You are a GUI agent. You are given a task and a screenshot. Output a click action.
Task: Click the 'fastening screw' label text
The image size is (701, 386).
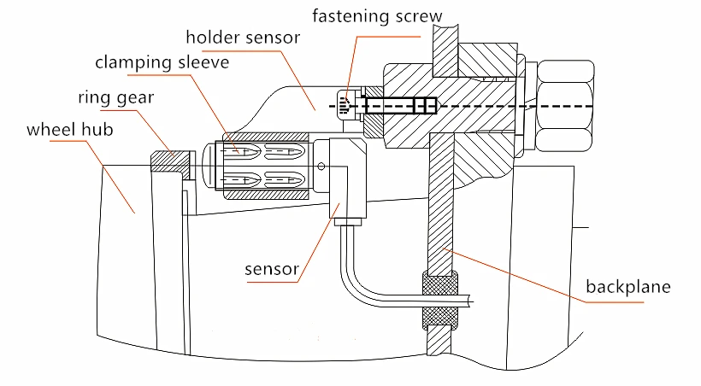point(377,16)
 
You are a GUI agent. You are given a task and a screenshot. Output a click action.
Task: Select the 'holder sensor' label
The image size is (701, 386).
point(243,38)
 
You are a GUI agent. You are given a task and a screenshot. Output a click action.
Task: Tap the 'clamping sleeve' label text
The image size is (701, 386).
point(162,62)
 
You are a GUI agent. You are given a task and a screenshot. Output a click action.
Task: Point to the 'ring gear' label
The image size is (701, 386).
point(115,97)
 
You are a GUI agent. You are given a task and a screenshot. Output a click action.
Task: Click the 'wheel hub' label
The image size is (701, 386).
point(70,130)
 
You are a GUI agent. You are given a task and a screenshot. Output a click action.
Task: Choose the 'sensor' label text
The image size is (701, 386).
point(272,269)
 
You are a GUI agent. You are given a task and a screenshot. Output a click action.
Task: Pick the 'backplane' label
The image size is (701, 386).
point(628,286)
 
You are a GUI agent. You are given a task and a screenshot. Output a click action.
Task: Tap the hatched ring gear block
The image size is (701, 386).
point(170,161)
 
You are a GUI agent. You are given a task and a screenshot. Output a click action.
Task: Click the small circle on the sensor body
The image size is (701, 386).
point(321,167)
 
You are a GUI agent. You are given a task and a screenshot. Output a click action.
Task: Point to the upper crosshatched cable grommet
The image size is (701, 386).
point(440,283)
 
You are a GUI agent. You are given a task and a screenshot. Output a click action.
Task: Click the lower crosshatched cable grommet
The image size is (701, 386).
point(440,319)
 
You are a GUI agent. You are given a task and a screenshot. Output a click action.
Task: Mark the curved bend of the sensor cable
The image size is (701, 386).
point(352,286)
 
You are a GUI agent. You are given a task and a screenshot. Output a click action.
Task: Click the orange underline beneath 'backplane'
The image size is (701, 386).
point(615,302)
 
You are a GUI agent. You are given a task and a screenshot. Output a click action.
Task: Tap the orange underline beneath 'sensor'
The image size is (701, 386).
point(272,282)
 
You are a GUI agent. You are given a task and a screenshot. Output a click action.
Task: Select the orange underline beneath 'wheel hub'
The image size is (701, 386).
point(68,141)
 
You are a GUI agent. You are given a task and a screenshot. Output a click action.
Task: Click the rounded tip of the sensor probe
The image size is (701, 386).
point(206,166)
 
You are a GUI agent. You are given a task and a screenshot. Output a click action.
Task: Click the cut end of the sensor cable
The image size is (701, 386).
point(471,301)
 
